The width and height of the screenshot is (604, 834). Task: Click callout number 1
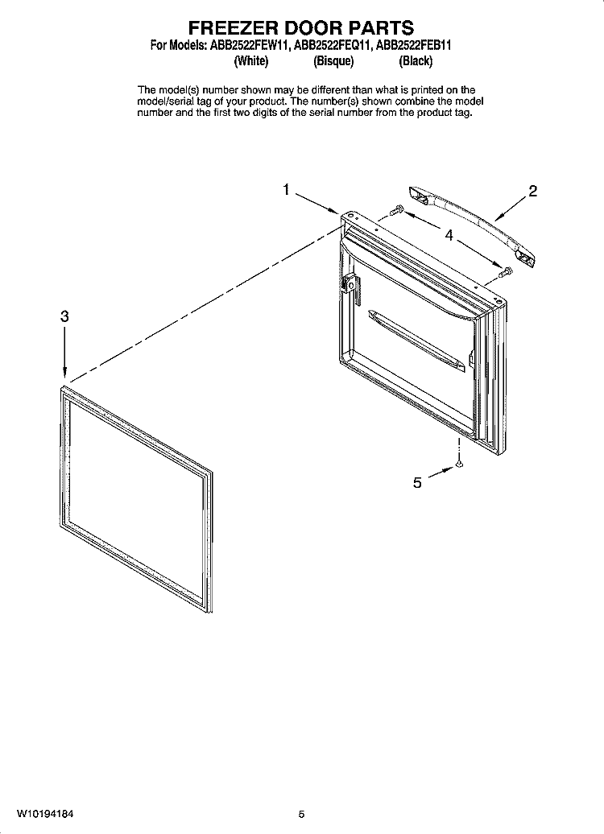pos(287,189)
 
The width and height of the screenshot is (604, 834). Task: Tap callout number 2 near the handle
pos(532,191)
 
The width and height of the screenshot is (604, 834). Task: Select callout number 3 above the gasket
pos(64,316)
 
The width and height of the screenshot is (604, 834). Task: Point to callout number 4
pos(449,235)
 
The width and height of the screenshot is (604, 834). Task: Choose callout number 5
pos(417,482)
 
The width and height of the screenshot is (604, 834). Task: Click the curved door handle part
pos(472,224)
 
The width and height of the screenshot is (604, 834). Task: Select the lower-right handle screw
pos(506,272)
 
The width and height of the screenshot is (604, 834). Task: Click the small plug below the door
pos(459,465)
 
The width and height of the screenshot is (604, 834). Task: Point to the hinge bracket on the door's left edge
pos(350,285)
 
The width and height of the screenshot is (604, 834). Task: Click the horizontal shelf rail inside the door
pos(416,341)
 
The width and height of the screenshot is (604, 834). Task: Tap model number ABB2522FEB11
pos(413,45)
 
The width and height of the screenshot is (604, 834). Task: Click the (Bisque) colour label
pos(333,61)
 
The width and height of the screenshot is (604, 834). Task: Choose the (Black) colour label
pos(416,61)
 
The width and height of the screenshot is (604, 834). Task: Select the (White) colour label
pos(251,61)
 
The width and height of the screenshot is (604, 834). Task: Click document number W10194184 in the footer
pos(45,814)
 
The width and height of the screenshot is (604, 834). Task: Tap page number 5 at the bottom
pos(302,815)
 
